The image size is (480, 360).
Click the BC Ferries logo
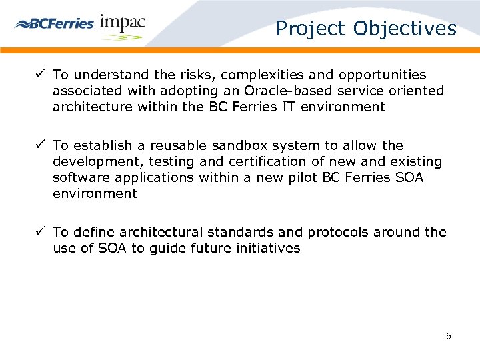pyautogui.click(x=54, y=23)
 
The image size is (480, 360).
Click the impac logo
pyautogui.click(x=122, y=25)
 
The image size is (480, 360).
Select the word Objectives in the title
pyautogui.click(x=405, y=29)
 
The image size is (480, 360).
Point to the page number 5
pyautogui.click(x=449, y=336)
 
